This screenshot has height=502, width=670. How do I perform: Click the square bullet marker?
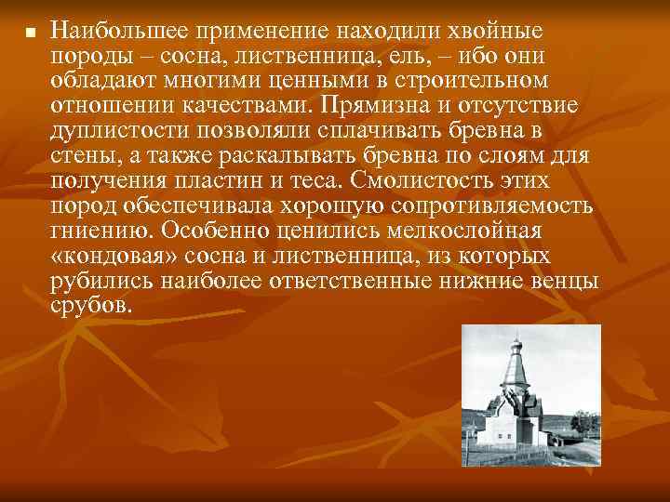pyautogui.click(x=29, y=33)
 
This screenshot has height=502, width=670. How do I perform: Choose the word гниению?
pyautogui.click(x=96, y=229)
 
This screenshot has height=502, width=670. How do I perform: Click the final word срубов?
pyautogui.click(x=93, y=304)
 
